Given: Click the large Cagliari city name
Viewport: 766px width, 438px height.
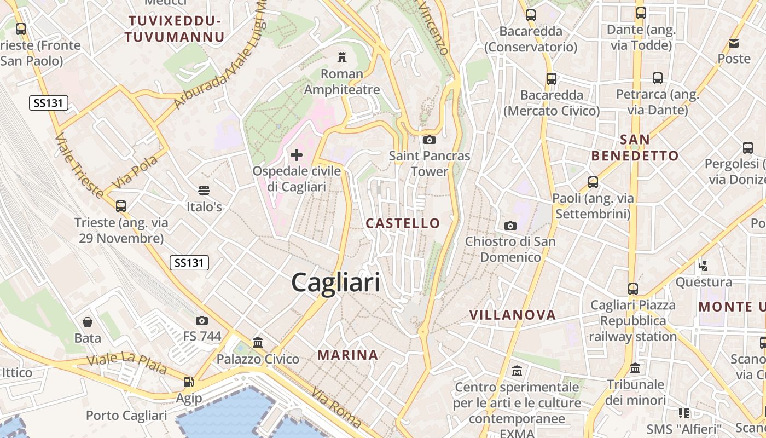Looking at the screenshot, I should coord(335,283).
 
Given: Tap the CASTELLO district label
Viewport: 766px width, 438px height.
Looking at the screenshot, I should coord(403,223).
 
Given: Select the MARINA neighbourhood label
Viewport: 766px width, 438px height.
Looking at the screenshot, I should coord(348,355).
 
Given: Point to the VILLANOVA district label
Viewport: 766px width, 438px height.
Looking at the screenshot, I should coord(513,315).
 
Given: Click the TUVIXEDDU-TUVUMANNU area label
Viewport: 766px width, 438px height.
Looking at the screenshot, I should coord(175,29).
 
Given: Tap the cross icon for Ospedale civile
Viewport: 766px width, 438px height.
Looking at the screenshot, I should coord(297,155).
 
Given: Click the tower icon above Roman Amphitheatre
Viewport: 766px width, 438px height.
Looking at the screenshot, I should coord(342,57).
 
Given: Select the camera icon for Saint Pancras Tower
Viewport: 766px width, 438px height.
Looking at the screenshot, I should coord(430,140).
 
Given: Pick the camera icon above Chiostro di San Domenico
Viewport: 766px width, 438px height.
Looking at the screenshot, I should coord(510,226).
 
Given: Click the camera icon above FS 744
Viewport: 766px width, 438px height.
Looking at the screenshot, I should coord(202,320).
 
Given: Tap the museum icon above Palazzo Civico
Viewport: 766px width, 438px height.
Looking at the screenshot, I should coord(258,343).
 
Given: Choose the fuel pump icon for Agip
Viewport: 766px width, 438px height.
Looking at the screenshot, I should coord(189,382).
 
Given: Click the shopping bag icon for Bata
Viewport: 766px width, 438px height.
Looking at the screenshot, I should coord(88,322).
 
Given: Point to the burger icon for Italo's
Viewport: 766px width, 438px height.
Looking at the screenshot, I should coord(204,191).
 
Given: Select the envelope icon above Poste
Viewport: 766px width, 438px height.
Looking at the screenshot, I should coord(734,43).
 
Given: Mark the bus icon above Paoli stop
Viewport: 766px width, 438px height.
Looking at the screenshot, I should coord(593,182).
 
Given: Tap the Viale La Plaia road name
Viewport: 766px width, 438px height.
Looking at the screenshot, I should coord(127,364).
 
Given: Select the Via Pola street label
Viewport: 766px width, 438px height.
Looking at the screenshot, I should coord(135,172).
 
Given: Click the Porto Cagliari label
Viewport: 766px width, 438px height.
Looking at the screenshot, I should coord(126,416).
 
